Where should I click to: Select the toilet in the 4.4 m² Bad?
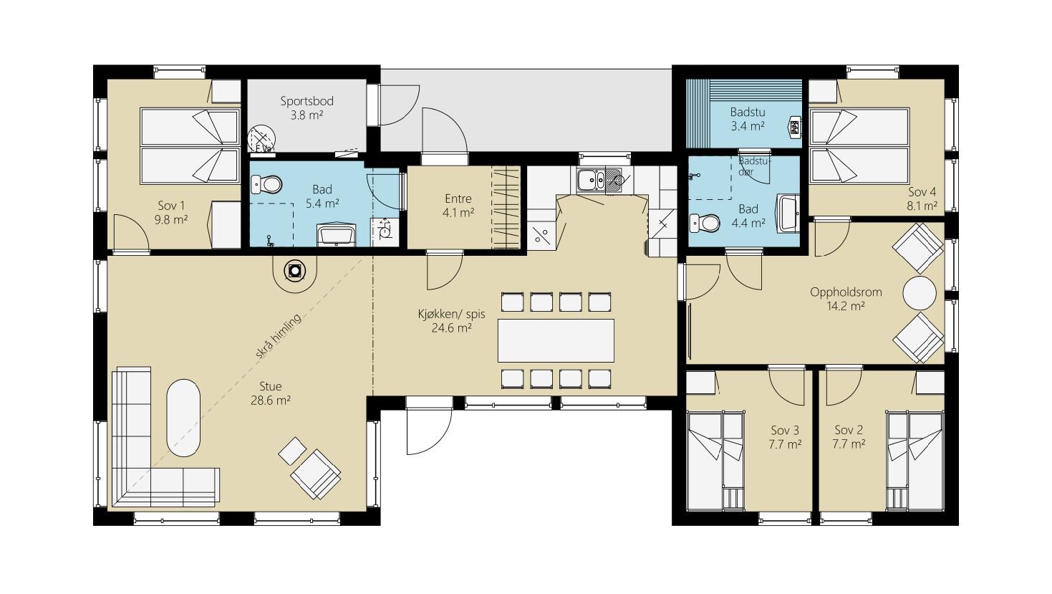coord(705,223)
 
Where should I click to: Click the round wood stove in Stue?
coord(295,271)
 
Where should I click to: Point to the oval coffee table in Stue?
coord(183,418)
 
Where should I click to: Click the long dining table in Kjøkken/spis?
coord(556,340)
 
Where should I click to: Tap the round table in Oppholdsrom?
coord(920,293)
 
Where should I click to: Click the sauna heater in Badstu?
coord(795,127)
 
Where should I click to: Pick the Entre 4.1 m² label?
coord(458,206)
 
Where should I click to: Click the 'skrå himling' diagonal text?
coord(278,337)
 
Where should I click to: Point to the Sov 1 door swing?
coord(132,234)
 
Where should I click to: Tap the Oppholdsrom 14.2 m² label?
coord(846,299)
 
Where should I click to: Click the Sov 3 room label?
coord(785,430)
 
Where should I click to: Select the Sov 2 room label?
coord(849,430)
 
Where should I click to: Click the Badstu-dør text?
coord(755,166)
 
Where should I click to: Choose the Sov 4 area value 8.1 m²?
coord(922,206)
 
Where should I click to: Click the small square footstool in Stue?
coord(293,451)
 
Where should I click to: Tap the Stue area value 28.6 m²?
coord(271,401)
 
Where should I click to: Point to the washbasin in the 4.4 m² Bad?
coord(788,214)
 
